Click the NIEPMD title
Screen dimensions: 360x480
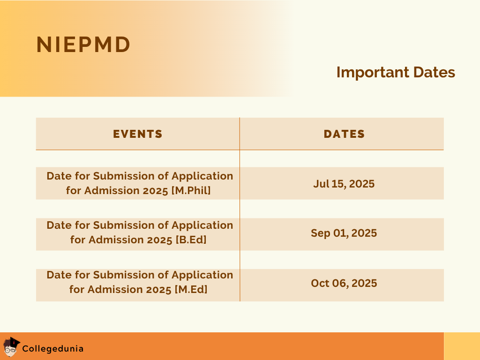tap(83, 45)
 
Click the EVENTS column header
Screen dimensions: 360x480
tap(138, 134)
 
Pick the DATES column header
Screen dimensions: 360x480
tap(344, 134)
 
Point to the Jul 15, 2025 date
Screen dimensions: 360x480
tap(344, 183)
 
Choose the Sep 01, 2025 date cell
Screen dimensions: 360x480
tap(344, 233)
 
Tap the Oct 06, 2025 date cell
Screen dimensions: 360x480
tap(344, 283)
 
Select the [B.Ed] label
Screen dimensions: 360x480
tap(191, 240)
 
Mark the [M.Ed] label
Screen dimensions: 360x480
tap(191, 290)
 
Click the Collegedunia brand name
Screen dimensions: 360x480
tap(53, 349)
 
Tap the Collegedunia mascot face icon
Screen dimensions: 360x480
tap(10, 348)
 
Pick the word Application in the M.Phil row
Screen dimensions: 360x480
tap(202, 176)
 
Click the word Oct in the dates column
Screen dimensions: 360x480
tap(320, 283)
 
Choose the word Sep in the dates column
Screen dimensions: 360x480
tap(320, 233)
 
